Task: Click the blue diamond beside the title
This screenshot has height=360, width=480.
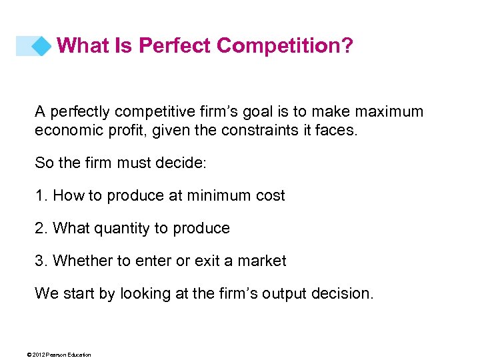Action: [x=41, y=46]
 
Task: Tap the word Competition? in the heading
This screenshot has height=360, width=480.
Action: [x=285, y=46]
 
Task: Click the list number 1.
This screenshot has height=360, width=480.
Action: [x=39, y=195]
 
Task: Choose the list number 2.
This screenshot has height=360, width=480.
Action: [x=40, y=228]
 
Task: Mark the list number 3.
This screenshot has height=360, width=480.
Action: [x=40, y=261]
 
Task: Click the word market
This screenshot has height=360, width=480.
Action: [x=261, y=261]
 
